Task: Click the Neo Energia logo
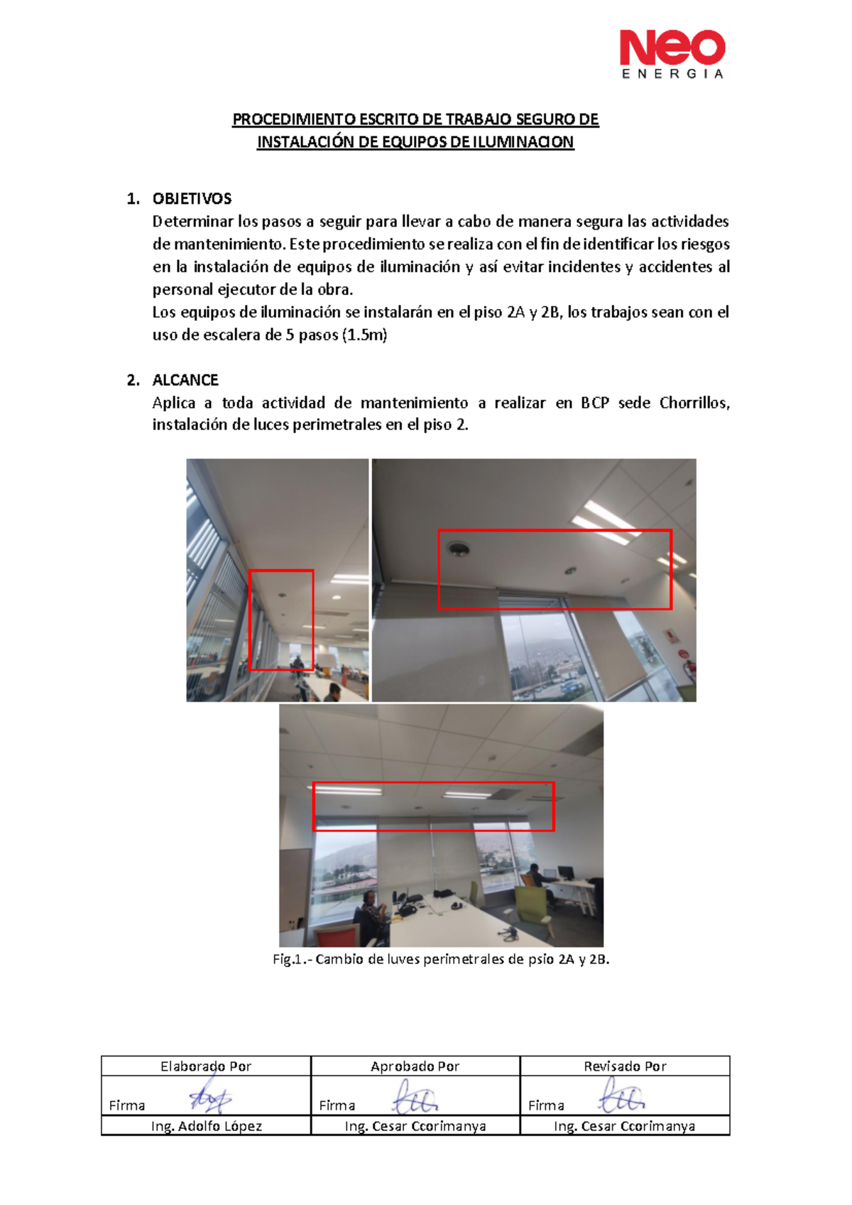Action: pos(672,54)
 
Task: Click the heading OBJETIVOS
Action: pos(192,199)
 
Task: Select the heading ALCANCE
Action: pos(185,380)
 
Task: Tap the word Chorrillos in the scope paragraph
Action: pos(694,403)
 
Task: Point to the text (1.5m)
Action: pos(364,335)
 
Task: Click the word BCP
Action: pos(595,403)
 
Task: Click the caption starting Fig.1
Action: pos(440,959)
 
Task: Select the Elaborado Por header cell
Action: pos(206,1066)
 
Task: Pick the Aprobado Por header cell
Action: pos(415,1066)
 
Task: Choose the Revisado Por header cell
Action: pos(625,1066)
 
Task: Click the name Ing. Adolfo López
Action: pos(206,1126)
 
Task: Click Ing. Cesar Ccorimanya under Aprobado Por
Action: pos(415,1126)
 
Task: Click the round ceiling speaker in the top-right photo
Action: pos(458,548)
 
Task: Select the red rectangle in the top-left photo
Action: pos(281,620)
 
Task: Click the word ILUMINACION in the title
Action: pos(523,142)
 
